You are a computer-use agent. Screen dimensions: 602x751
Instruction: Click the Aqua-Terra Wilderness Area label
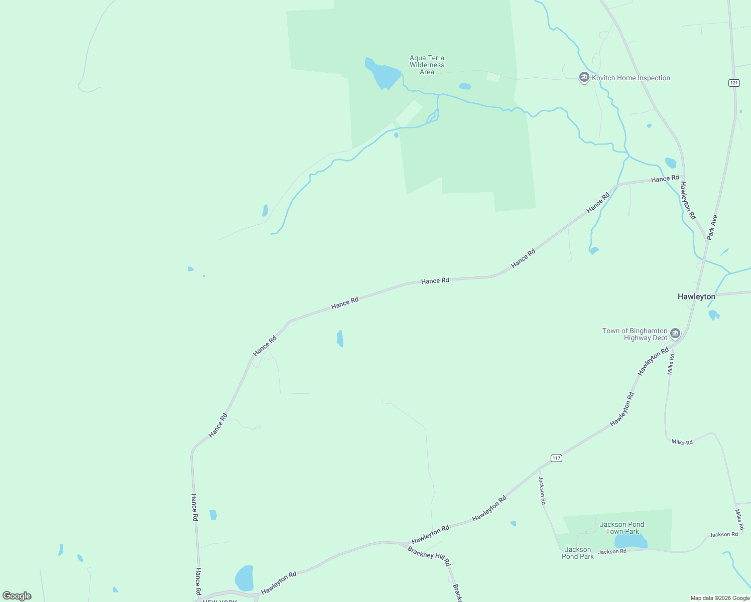(427, 65)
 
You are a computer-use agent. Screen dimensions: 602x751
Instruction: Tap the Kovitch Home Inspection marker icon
(584, 78)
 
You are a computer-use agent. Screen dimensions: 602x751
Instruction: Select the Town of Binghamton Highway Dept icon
(675, 334)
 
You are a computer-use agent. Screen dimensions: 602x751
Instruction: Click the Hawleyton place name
(696, 296)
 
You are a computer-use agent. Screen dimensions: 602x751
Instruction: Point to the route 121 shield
(734, 83)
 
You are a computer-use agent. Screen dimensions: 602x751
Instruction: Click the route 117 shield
(556, 458)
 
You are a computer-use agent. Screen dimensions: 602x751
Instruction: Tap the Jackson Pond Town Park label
(622, 528)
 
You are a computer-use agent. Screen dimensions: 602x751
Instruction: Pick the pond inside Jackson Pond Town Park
(630, 541)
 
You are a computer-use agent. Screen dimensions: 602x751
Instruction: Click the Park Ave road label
(712, 227)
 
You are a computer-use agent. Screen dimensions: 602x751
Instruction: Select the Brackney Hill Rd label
(429, 556)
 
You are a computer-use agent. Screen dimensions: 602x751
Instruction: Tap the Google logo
(17, 596)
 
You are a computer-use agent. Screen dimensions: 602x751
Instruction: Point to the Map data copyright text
(720, 598)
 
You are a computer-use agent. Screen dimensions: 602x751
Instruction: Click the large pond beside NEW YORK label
(244, 578)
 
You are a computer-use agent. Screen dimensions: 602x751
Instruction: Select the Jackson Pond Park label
(577, 553)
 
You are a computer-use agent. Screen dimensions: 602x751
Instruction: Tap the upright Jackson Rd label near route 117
(542, 491)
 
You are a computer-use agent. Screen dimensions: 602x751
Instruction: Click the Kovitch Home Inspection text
(631, 78)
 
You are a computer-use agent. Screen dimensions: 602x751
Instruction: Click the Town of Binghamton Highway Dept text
(635, 334)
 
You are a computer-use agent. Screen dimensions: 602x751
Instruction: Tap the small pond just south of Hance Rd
(340, 338)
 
